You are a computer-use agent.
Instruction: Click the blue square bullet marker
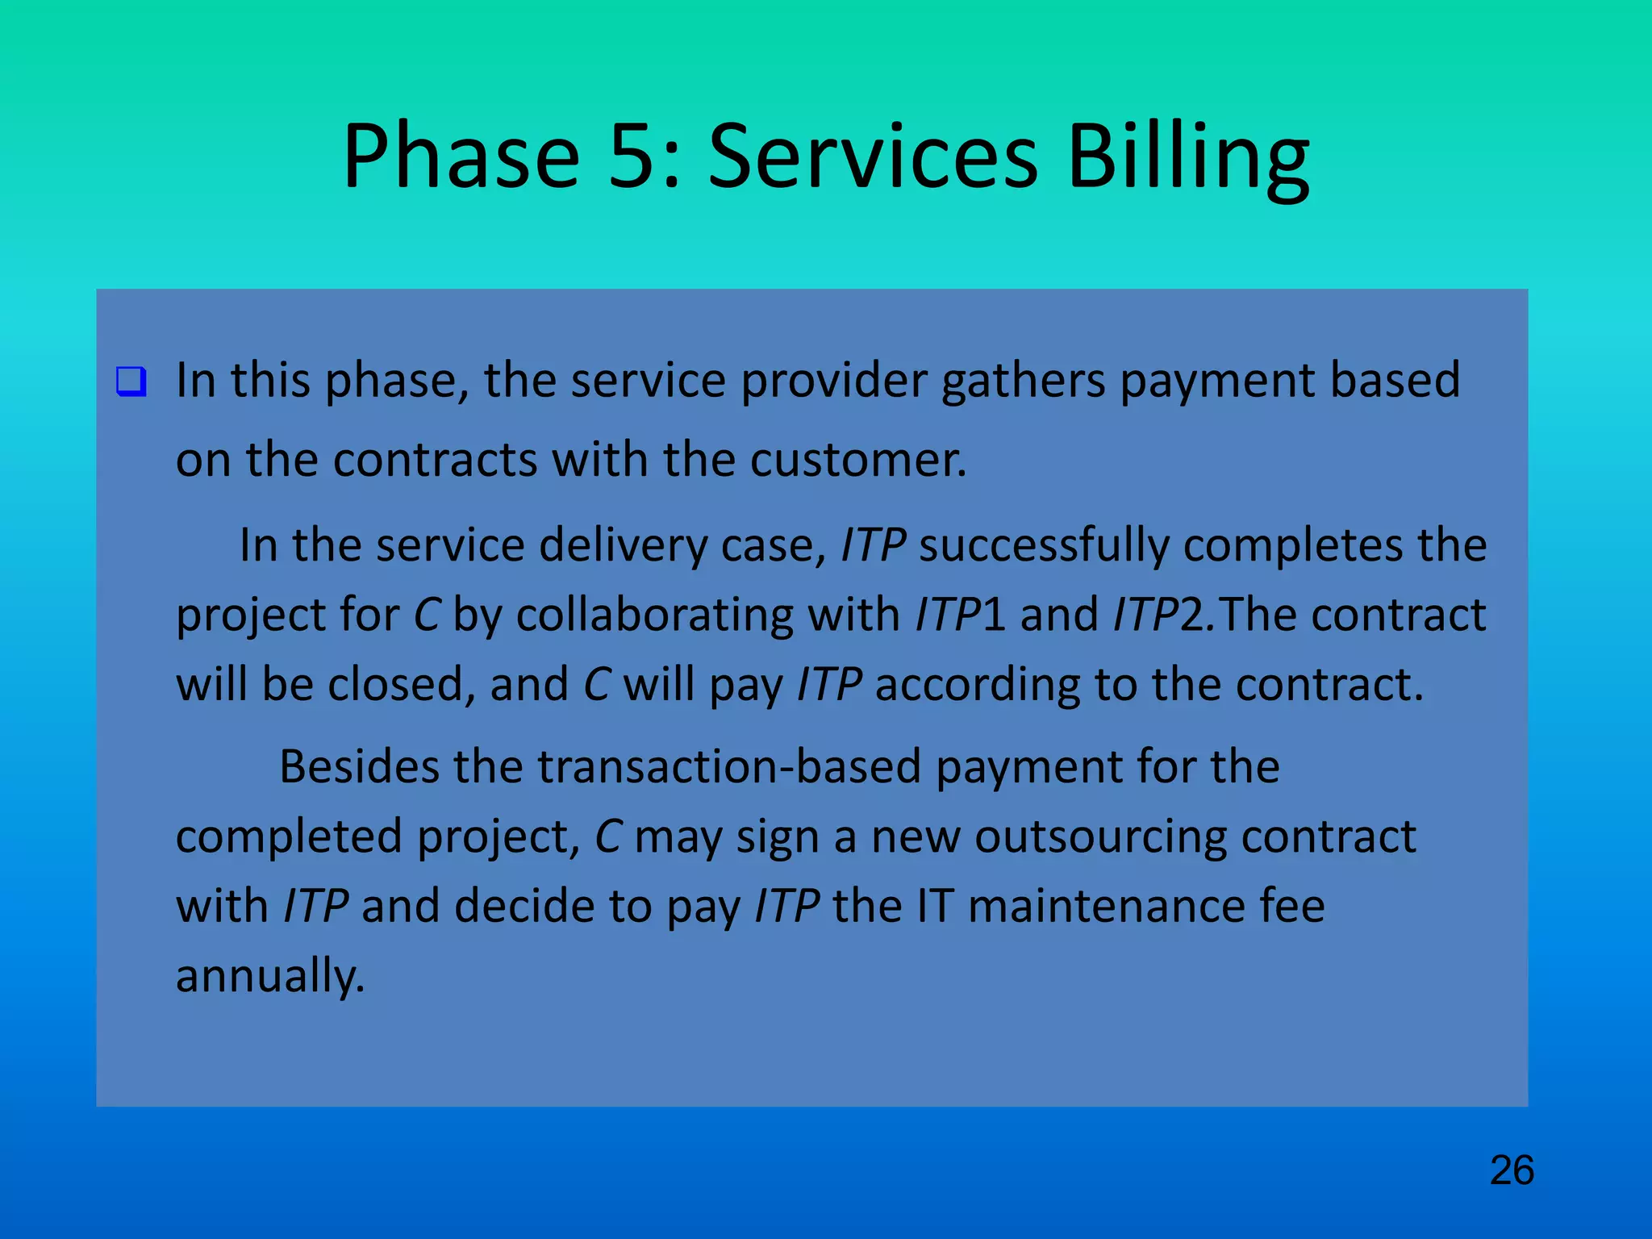click(131, 381)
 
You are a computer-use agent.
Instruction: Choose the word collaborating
click(654, 615)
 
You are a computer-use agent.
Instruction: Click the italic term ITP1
click(960, 615)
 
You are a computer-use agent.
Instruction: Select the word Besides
click(359, 766)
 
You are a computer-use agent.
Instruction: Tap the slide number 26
click(1512, 1170)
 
